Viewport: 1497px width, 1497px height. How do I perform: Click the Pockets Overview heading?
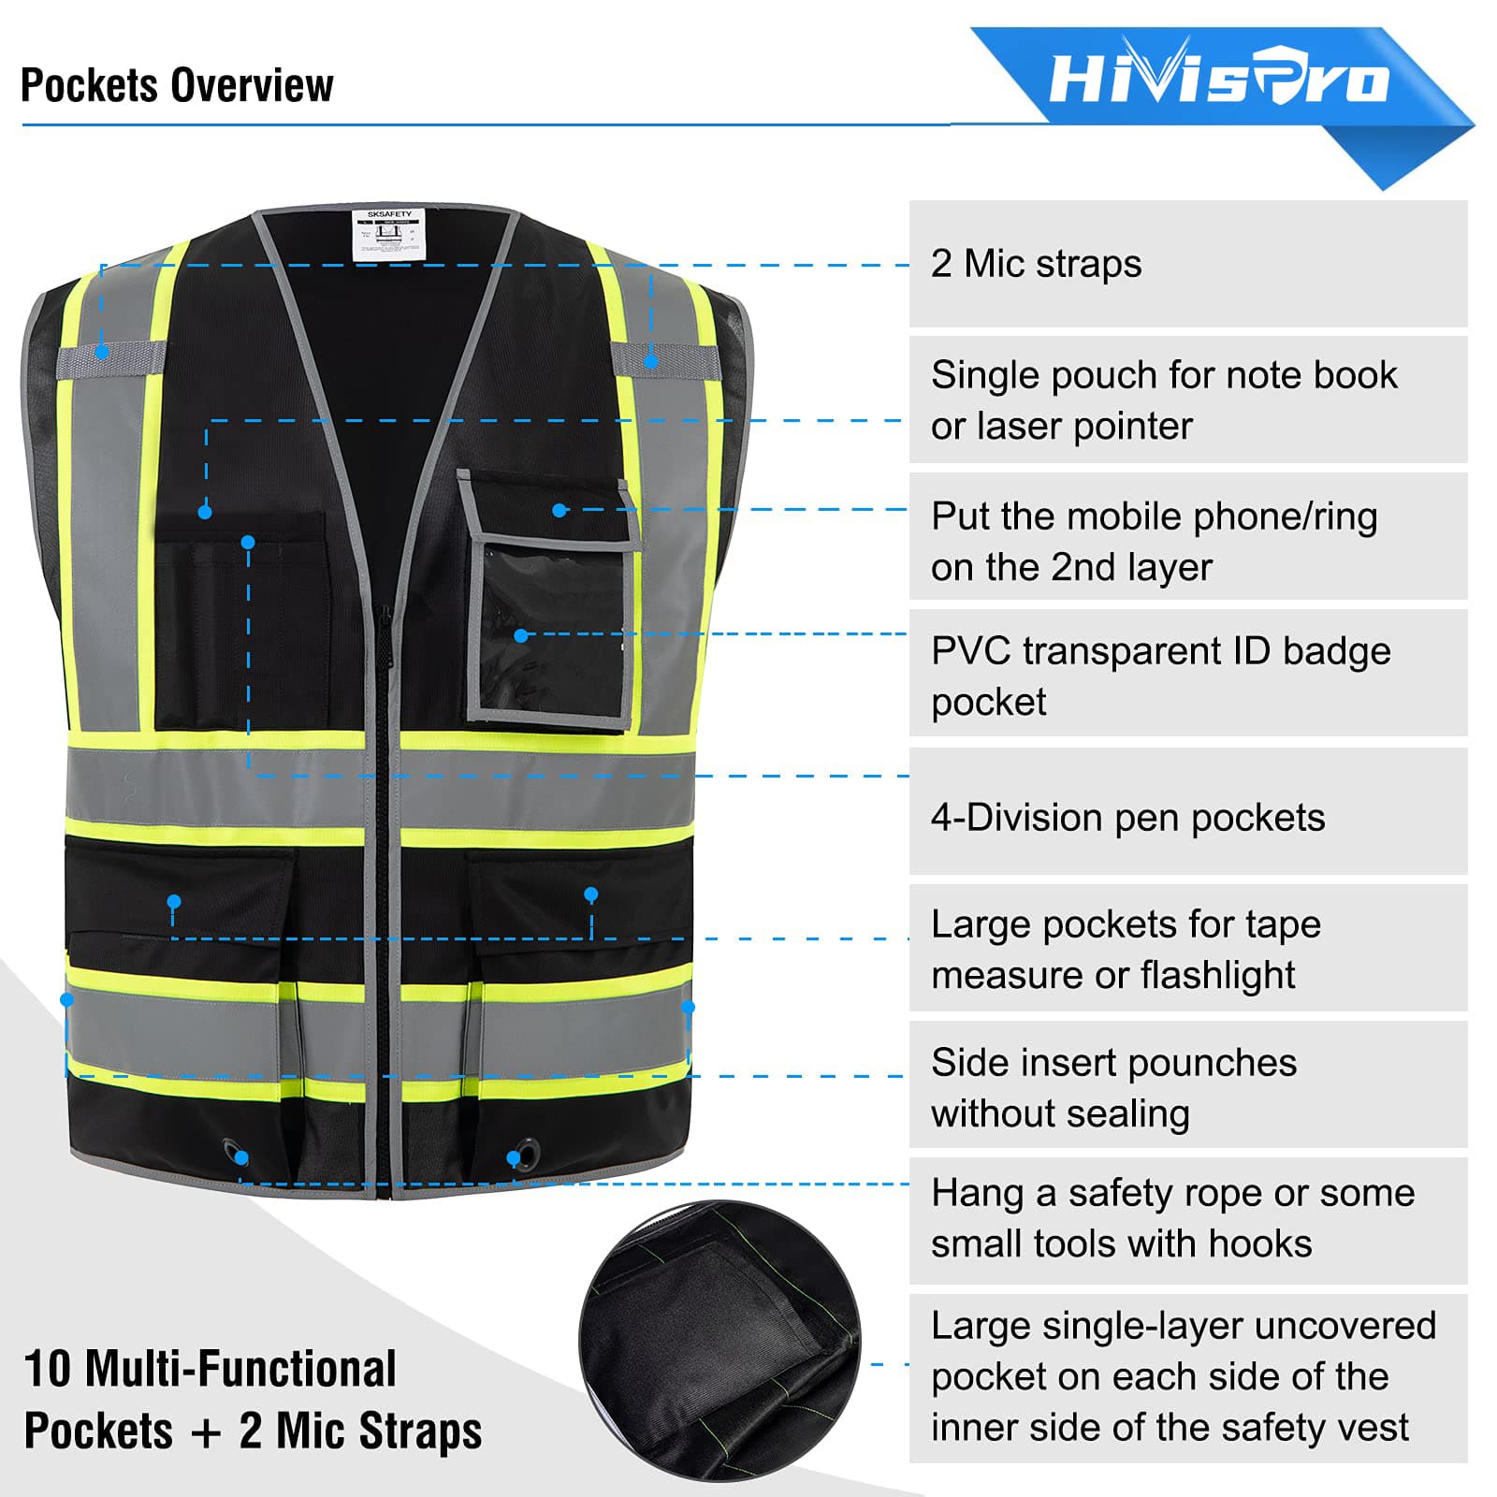[x=177, y=85]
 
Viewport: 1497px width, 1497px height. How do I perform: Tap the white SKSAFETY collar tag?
[x=388, y=235]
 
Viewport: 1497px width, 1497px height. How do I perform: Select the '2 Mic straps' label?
[x=1036, y=264]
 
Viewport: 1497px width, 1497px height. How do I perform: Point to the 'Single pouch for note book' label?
[x=1164, y=400]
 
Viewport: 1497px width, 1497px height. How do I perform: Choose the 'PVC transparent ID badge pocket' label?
[x=1160, y=676]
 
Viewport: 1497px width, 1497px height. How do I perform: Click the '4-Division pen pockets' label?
[x=1127, y=818]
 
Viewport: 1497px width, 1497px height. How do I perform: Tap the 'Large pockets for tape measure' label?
[x=1126, y=950]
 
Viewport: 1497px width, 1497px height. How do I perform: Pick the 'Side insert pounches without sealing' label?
[x=1113, y=1087]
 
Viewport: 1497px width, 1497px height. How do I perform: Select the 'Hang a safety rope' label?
[x=1172, y=1218]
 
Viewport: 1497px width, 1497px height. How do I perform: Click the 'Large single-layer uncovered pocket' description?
[x=1183, y=1376]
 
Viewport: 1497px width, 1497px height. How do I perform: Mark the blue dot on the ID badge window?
[x=521, y=635]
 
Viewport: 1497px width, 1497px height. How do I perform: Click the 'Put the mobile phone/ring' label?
[x=1154, y=542]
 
